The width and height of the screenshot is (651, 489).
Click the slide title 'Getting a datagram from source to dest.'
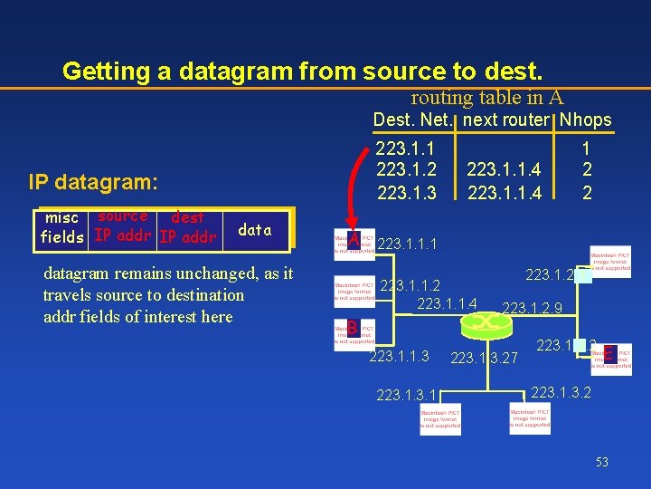coord(303,71)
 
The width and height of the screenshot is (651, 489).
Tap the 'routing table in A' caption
coord(486,98)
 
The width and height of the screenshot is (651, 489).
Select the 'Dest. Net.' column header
coord(412,120)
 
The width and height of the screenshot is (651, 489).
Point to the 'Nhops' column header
coord(585,120)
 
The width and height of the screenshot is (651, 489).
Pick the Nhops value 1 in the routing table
coord(586,148)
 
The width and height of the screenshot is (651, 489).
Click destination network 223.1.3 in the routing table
coord(406,191)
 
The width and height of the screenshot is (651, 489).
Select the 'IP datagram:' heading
coord(93,182)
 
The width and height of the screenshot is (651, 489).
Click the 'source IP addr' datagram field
coord(123,227)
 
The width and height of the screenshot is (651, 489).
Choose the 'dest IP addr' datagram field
coord(187,227)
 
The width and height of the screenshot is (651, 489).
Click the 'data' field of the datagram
coord(254,230)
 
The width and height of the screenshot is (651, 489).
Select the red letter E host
coord(610,354)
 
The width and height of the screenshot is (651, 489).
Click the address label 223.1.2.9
coord(533,309)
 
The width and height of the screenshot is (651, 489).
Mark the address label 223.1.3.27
coord(484,359)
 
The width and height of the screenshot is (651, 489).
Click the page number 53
coord(601,462)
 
